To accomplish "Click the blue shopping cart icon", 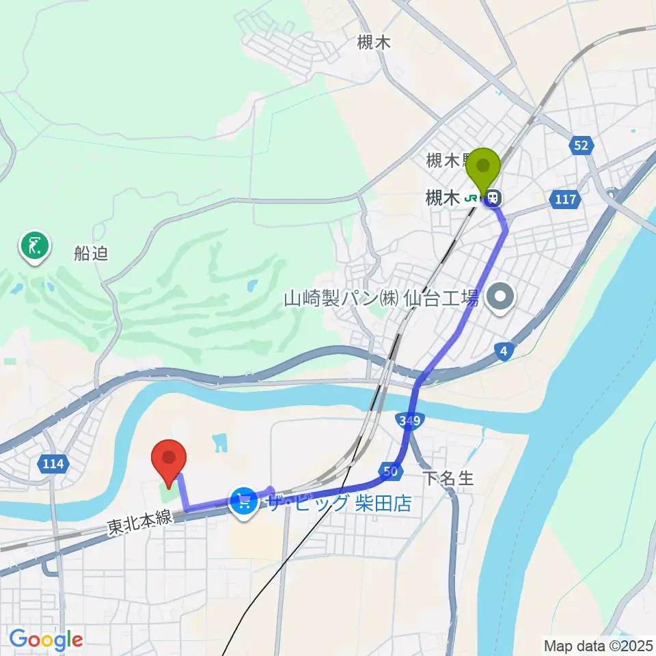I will tap(244, 503).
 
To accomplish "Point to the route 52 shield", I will tap(581, 146).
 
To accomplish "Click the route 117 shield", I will tap(566, 200).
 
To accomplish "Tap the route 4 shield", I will tap(504, 351).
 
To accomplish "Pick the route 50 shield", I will tap(390, 470).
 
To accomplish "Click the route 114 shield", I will tap(53, 465).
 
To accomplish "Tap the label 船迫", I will tap(92, 254).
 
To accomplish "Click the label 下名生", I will tap(448, 478).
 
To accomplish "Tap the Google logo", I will tap(46, 640).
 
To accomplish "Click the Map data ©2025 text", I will tap(597, 644).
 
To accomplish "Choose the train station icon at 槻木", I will tap(491, 198).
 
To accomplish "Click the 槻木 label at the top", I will tap(374, 43).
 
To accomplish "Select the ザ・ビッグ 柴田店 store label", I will tap(340, 504).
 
